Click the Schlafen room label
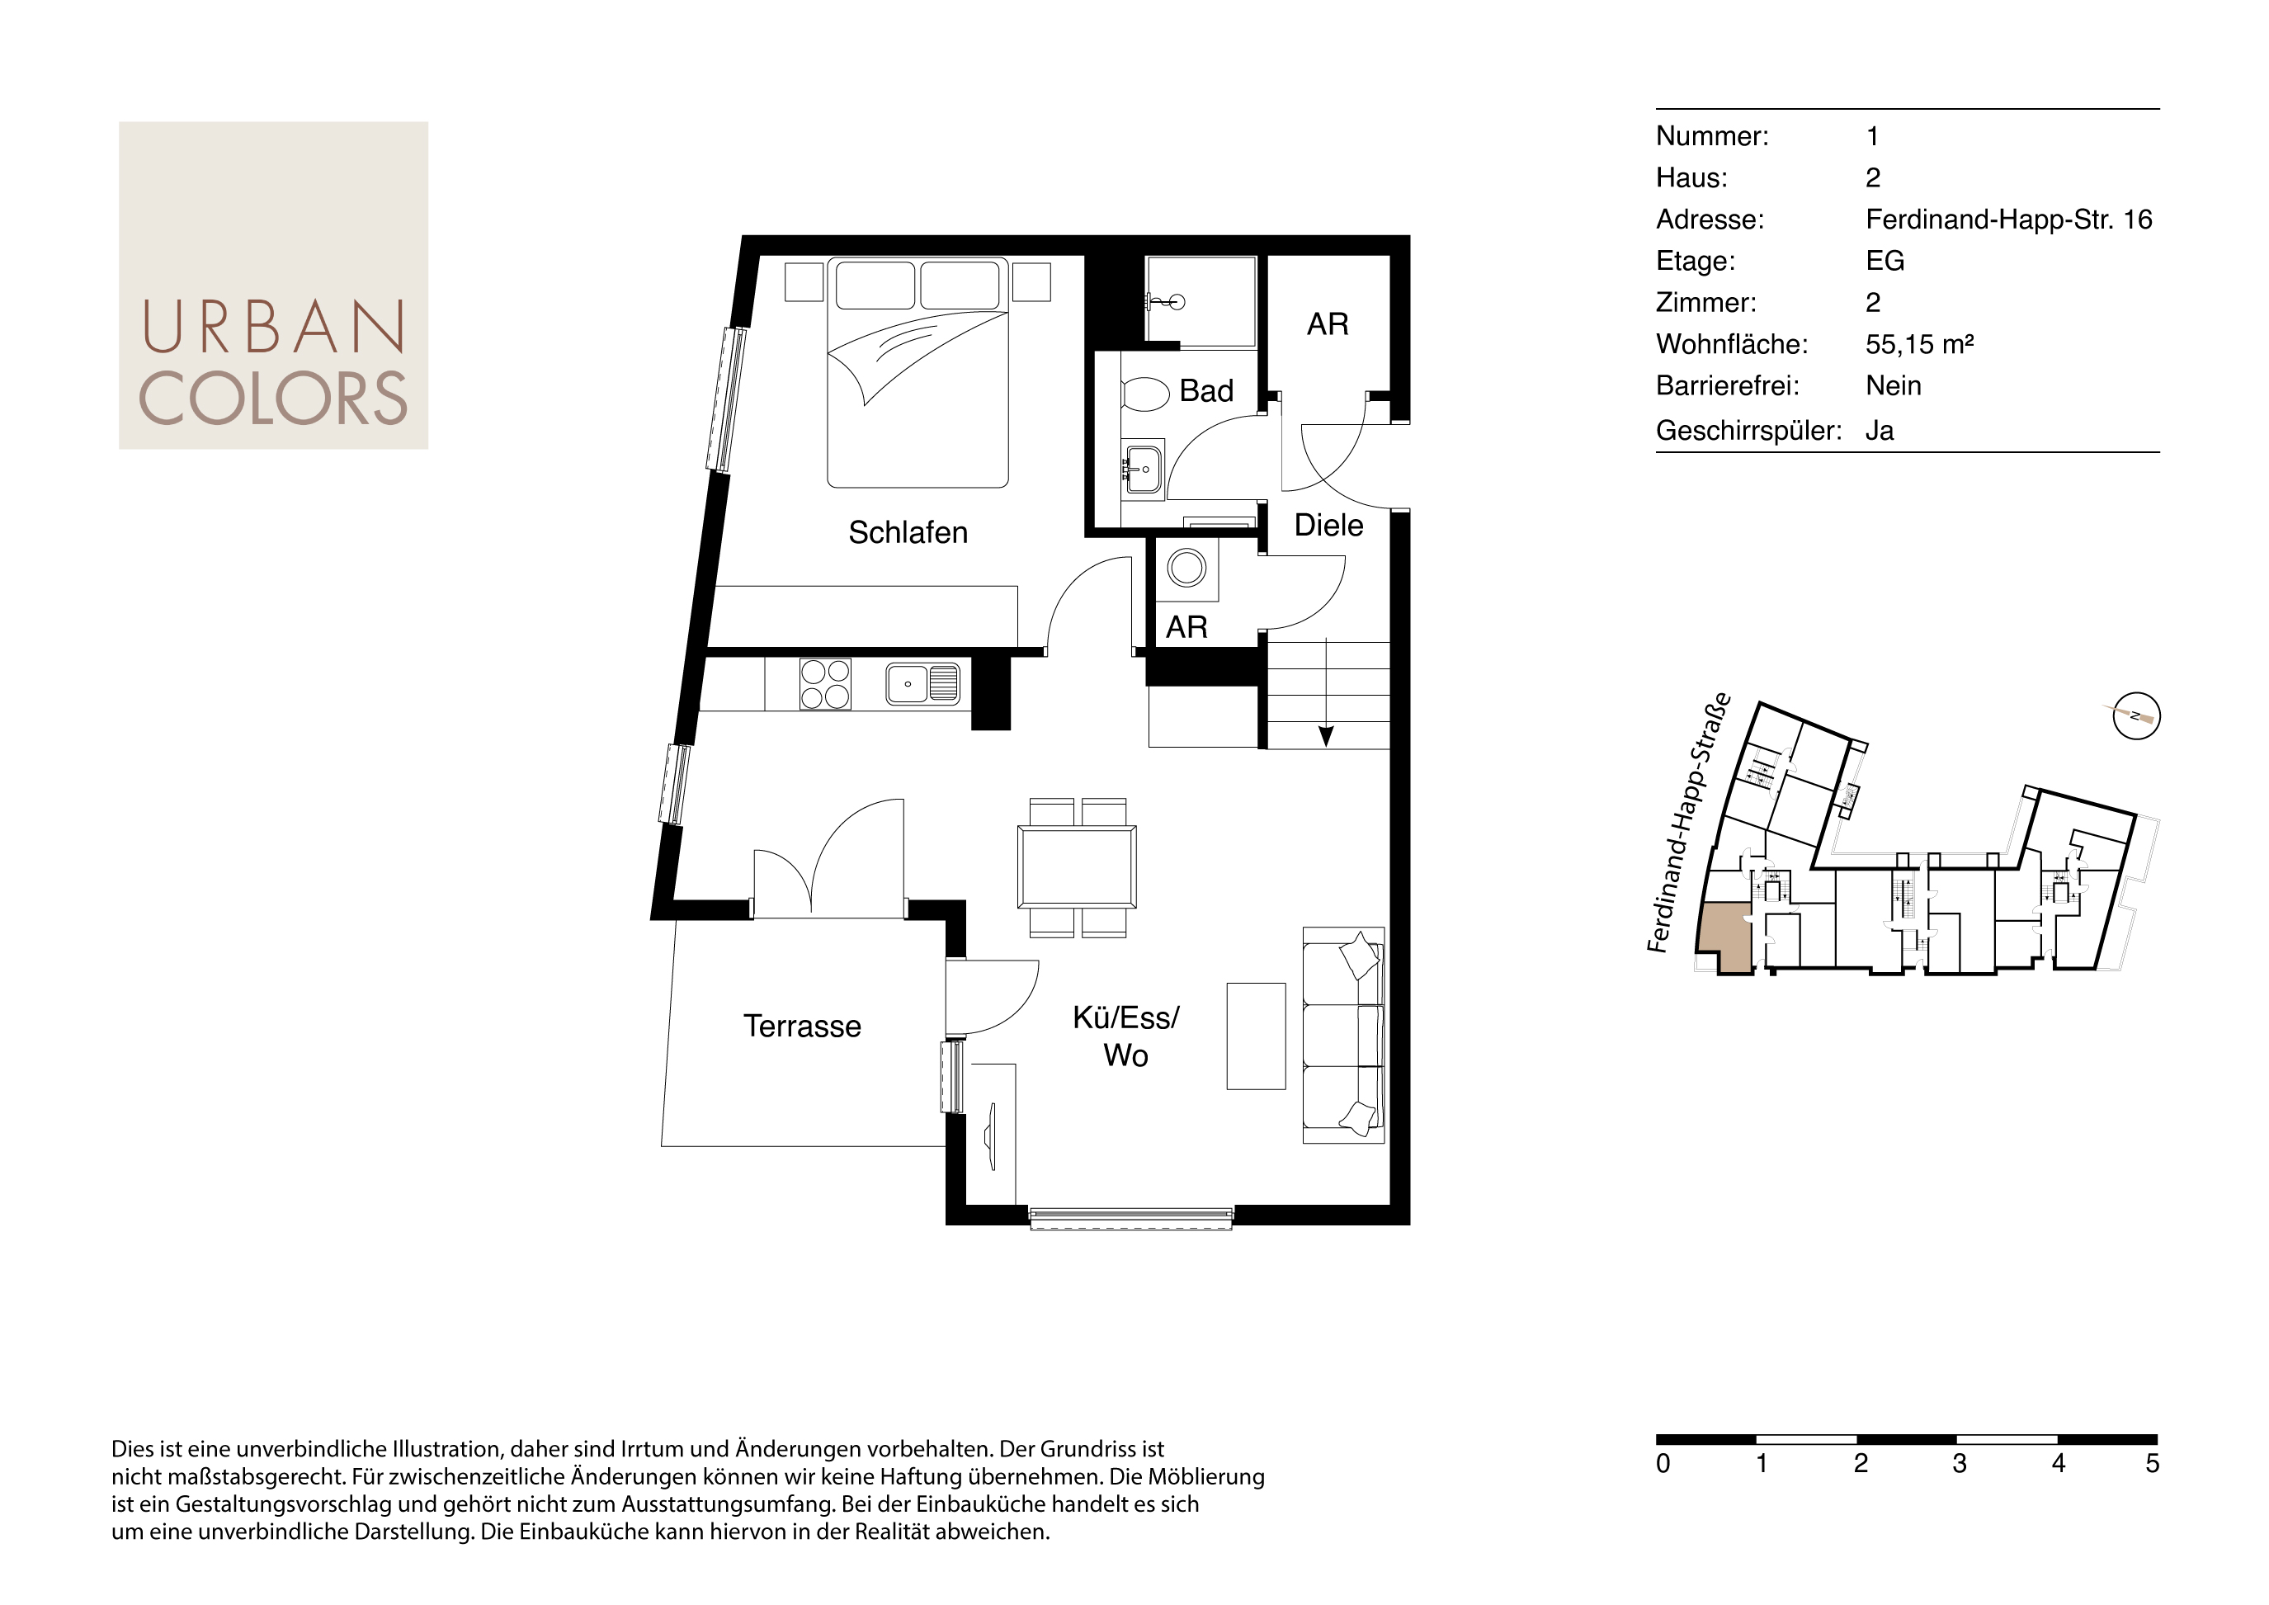[908, 533]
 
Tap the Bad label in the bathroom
[1205, 391]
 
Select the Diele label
[1328, 526]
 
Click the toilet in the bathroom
[1145, 394]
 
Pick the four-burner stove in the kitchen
[825, 684]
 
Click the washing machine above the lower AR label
[1186, 569]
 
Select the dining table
[1078, 866]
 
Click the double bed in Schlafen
[918, 373]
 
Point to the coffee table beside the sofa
[1256, 1036]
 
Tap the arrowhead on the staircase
[1326, 736]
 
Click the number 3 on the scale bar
[1959, 1464]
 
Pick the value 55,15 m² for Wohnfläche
[1919, 344]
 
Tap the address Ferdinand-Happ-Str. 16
[2008, 220]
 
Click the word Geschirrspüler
[1748, 431]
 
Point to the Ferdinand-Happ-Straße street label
[1688, 822]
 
